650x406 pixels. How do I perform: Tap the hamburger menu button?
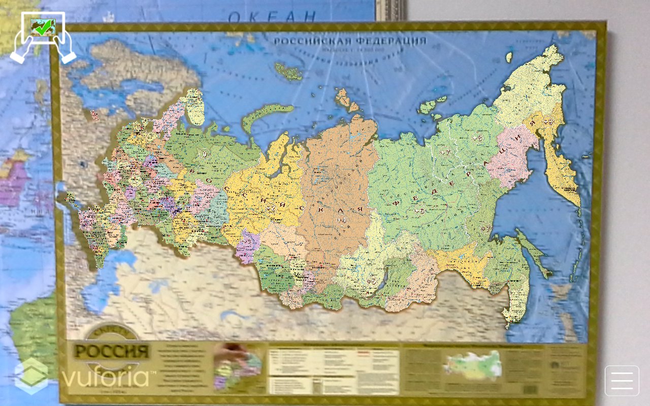[x=622, y=381]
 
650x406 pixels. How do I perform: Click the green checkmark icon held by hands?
[x=43, y=26]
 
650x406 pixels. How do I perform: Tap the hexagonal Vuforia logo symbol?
[x=31, y=376]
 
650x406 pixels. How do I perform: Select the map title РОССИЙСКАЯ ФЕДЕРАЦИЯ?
[x=350, y=41]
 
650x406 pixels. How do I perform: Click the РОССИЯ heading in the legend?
[x=111, y=352]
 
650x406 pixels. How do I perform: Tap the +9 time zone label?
[x=547, y=122]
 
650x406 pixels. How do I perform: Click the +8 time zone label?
[x=477, y=138]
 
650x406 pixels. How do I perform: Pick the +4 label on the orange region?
[x=341, y=220]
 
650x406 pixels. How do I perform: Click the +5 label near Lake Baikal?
[x=371, y=281]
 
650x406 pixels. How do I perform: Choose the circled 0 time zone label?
[x=204, y=154]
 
